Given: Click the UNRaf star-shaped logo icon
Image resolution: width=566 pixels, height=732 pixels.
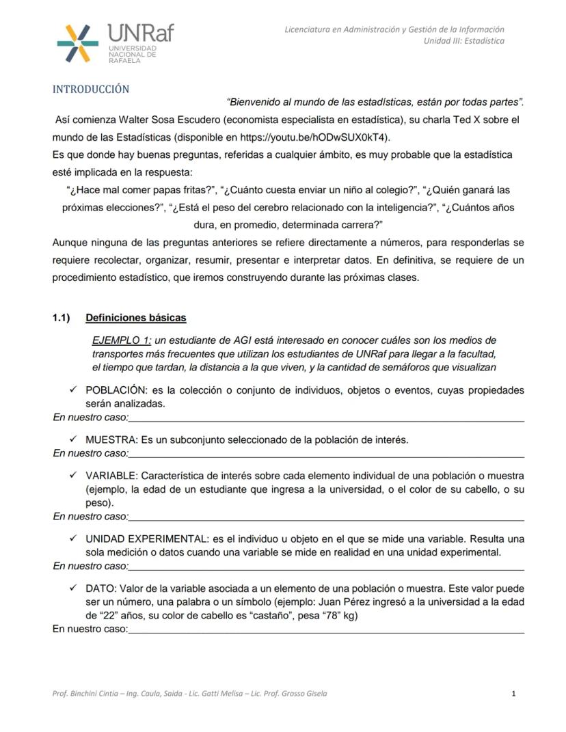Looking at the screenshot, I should [77, 43].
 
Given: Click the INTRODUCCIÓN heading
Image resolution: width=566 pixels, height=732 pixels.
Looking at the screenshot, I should [91, 90].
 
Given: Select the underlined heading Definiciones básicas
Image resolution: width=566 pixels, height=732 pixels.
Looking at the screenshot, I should [135, 318].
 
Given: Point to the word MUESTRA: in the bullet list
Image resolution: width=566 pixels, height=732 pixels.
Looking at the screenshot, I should [112, 439].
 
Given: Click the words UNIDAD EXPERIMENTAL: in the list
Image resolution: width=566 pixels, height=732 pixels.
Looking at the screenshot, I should [148, 539].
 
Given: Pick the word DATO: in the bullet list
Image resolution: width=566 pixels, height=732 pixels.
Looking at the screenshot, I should [100, 588].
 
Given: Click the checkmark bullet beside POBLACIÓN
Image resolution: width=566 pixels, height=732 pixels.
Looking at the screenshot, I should [72, 390].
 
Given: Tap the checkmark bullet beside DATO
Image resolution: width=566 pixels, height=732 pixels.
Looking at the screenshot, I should [72, 588].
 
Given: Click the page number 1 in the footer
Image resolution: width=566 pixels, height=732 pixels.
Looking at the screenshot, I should [513, 694].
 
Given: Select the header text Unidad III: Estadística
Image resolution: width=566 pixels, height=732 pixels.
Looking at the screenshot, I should [464, 41].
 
